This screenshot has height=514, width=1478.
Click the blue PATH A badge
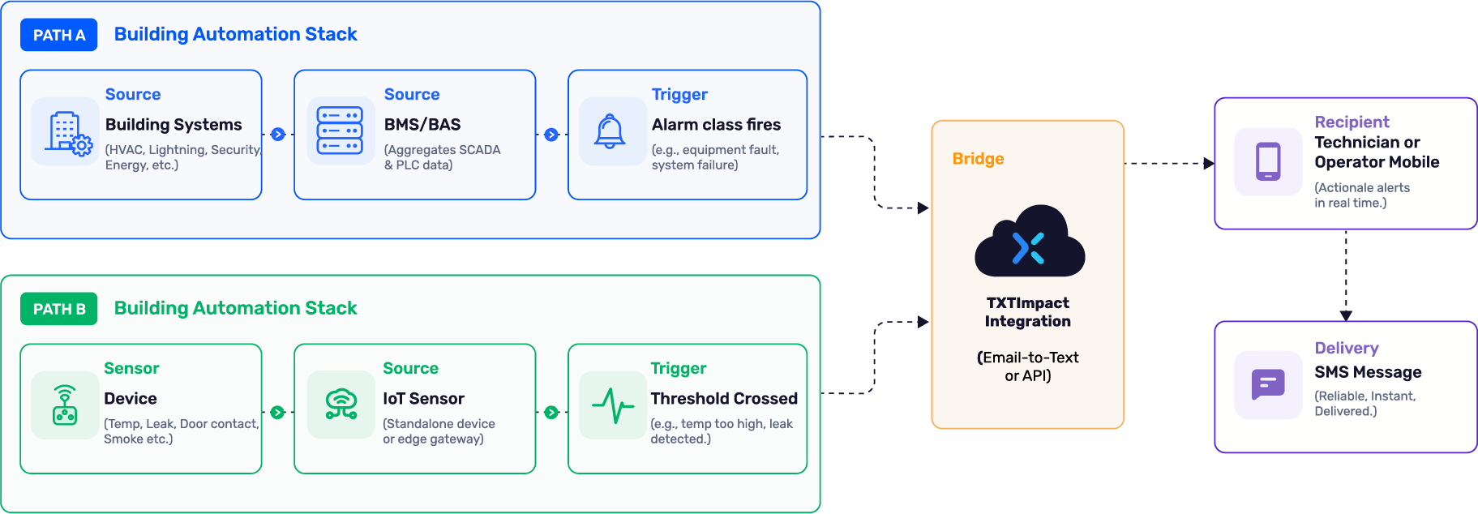click(59, 35)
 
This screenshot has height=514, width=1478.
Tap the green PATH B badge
click(59, 309)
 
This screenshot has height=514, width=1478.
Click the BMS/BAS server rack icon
click(340, 131)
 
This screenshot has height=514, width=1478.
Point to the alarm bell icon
click(610, 131)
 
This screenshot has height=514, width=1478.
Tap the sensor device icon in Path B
click(65, 405)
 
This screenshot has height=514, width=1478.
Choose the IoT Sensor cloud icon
click(341, 403)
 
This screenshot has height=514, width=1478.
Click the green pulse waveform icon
click(613, 405)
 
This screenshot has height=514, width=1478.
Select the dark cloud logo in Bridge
click(1030, 241)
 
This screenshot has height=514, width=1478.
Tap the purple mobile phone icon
click(1268, 161)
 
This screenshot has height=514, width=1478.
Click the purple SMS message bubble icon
click(1268, 384)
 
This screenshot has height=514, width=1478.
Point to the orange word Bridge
click(978, 159)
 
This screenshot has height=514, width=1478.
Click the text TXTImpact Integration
click(1028, 312)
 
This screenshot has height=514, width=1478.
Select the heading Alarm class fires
click(717, 125)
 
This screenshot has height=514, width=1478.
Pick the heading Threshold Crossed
click(724, 399)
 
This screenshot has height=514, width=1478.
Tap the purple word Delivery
click(1347, 348)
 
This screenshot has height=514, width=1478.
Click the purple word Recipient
click(1352, 122)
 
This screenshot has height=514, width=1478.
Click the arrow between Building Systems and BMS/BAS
click(278, 135)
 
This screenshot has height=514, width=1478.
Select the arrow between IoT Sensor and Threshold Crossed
click(551, 413)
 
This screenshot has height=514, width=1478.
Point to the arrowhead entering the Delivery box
click(1346, 316)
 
